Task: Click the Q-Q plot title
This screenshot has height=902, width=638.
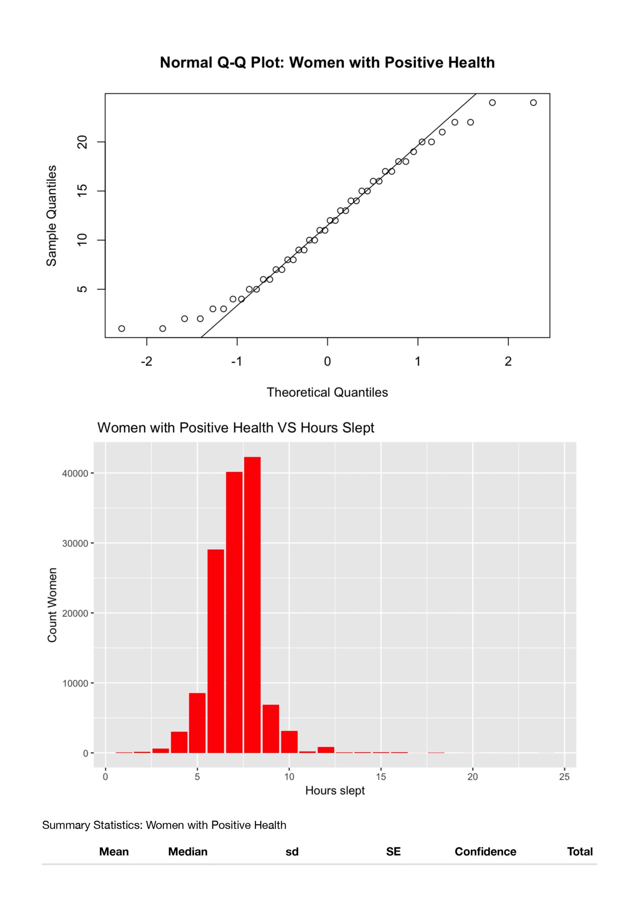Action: click(x=327, y=62)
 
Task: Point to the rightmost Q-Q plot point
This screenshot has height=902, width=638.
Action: click(x=533, y=103)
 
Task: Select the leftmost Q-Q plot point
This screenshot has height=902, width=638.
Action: click(x=122, y=328)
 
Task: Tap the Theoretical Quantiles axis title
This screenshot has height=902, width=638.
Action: click(x=327, y=392)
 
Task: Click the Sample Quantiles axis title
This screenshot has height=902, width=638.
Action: click(x=51, y=216)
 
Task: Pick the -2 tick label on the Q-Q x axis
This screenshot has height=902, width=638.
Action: click(x=147, y=362)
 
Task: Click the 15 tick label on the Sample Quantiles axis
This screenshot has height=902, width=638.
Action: click(x=82, y=191)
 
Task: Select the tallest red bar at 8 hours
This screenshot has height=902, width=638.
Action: click(x=252, y=605)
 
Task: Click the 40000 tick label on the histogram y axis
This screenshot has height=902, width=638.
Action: click(x=75, y=474)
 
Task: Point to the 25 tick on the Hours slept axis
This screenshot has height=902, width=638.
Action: click(x=564, y=777)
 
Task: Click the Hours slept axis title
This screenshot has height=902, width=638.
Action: click(x=335, y=790)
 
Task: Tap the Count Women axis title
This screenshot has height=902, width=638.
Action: click(x=52, y=605)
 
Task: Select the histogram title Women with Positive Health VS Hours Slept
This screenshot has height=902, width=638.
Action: click(x=236, y=427)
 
